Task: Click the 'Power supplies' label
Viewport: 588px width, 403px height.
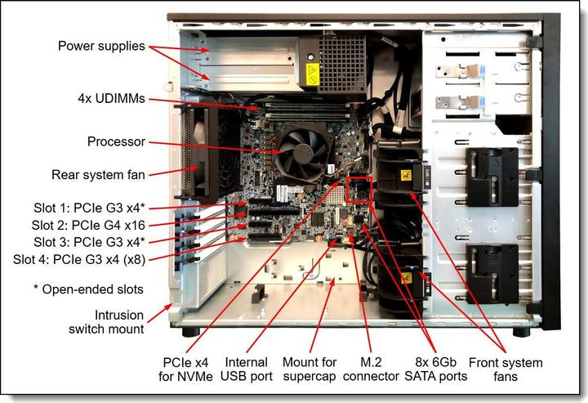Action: pos(101,46)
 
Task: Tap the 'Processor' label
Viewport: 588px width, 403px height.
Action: pos(116,141)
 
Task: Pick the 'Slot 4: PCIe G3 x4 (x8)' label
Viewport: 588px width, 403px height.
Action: pos(82,259)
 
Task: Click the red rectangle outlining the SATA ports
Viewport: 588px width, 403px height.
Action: pos(359,188)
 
